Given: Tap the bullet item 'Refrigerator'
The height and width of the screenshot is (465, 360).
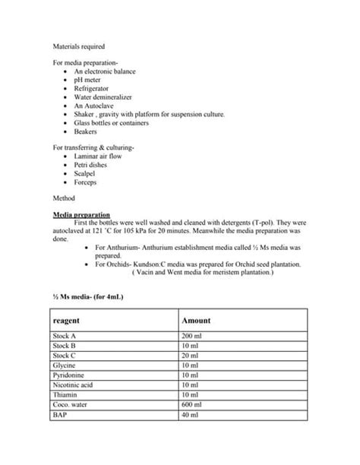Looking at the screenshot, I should coord(91,88).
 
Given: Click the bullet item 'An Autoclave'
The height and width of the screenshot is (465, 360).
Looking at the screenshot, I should coord(93,106).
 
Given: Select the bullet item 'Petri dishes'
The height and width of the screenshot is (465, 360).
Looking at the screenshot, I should coord(91,165).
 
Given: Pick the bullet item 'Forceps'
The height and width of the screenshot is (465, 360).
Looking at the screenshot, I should coord(87,182).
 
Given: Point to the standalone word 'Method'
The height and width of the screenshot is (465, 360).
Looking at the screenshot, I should coord(64,198).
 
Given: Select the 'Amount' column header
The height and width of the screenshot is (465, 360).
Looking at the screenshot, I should coord(197,321).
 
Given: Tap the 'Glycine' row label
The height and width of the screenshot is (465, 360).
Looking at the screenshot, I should coord(65,365).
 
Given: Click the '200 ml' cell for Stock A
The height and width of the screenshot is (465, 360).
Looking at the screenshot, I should coord(192,335).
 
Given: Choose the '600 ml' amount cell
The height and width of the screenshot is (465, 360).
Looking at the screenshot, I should coord(192,404).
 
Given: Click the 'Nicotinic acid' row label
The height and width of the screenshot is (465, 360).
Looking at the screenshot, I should coord(72,384).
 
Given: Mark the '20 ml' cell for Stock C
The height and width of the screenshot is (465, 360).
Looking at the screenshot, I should coord(191,355).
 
